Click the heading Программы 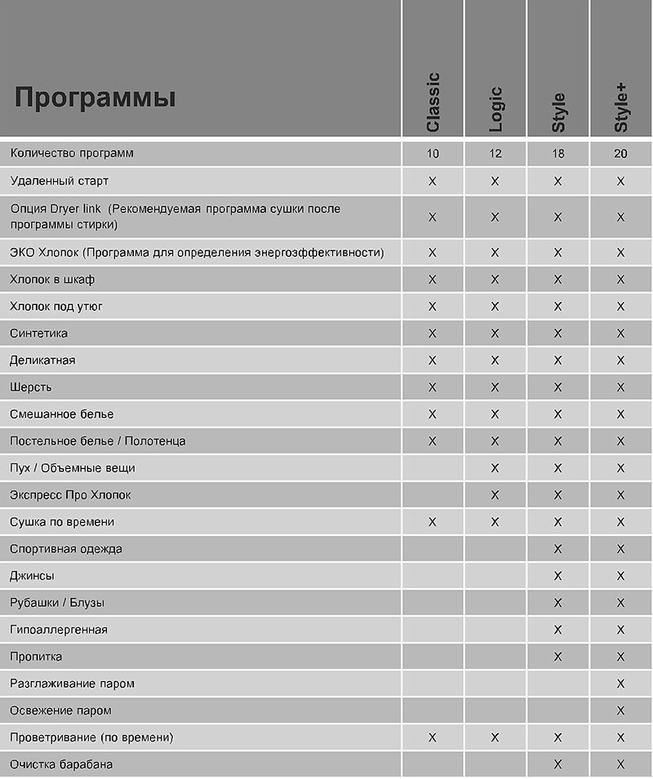pos(96,99)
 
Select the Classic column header pos(433,102)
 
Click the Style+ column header pos(621,106)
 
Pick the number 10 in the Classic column pos(433,153)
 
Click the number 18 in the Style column pos(558,153)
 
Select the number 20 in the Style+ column pos(620,153)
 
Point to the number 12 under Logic pos(495,153)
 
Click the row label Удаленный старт pos(59,180)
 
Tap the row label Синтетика pos(39,333)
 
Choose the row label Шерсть pos(31,387)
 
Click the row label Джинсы pos(33,575)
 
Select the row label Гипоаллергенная pos(59,629)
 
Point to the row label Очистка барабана pos(61,764)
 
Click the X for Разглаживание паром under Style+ pos(620,684)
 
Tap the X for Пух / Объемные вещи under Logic pos(495,468)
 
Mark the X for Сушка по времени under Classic pos(433,522)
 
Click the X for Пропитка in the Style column pos(558,657)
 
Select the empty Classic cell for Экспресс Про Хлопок pos(433,495)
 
